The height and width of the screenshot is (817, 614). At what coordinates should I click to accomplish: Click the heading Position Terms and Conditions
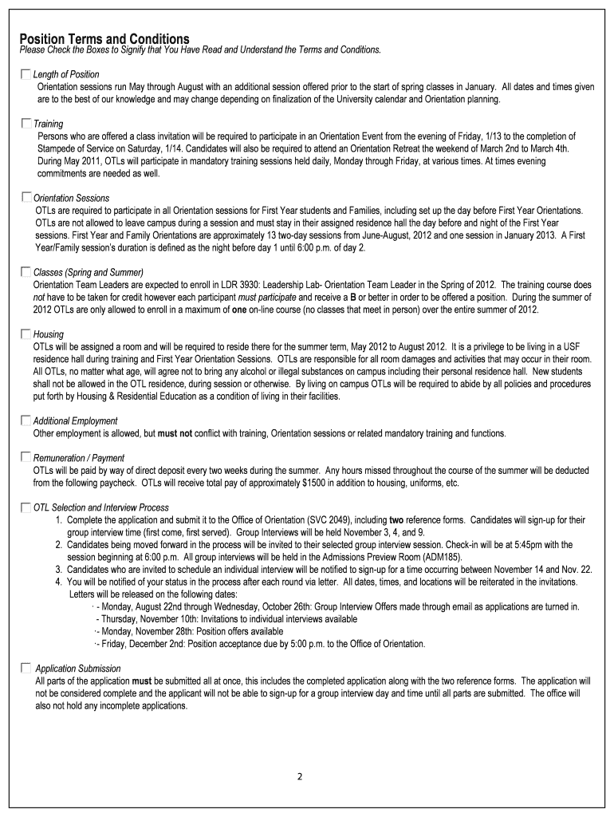click(x=104, y=39)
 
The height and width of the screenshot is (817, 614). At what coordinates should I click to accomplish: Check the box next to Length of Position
click(x=26, y=74)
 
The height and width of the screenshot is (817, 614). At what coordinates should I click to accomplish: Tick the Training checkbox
click(x=26, y=124)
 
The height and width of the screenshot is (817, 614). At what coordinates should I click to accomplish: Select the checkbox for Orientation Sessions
click(x=26, y=197)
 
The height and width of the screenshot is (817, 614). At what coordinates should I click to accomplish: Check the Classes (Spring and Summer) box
click(x=26, y=272)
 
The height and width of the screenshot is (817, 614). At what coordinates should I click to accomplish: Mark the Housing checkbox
click(x=26, y=334)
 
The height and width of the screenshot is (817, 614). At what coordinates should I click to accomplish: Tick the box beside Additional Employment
click(x=26, y=420)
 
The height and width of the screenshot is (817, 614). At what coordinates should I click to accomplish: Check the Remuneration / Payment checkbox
click(x=26, y=458)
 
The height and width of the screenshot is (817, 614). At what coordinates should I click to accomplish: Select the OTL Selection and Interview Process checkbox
click(x=26, y=507)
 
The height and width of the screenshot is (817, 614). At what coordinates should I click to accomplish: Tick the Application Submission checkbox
click(x=26, y=668)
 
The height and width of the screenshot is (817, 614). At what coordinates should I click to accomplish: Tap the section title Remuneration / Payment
click(x=79, y=458)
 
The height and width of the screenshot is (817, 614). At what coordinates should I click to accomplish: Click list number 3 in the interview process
click(x=59, y=569)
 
